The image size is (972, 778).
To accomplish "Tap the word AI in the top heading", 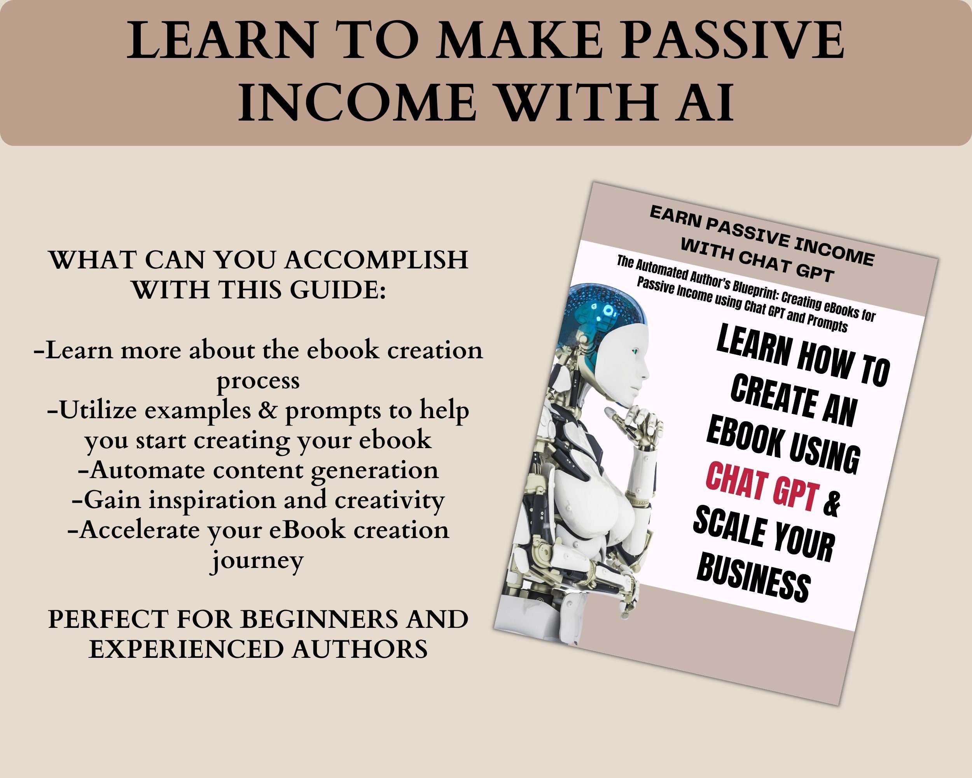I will click(x=704, y=103).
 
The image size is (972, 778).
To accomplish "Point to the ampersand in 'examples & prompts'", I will click(x=268, y=410).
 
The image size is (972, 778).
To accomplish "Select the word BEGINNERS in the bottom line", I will click(x=319, y=619).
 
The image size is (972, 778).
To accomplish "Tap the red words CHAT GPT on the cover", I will click(x=762, y=487).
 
